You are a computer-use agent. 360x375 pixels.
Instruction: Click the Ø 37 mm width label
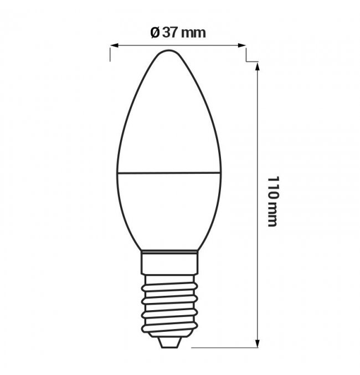(x=178, y=33)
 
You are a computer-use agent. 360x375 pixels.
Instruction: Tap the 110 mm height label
(x=272, y=202)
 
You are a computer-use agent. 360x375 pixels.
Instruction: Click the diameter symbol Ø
(x=155, y=33)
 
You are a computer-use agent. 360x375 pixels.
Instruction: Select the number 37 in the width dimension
(x=170, y=33)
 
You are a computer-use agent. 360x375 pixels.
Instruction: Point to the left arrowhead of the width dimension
(x=114, y=45)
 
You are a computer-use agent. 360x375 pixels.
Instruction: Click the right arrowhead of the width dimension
(x=242, y=45)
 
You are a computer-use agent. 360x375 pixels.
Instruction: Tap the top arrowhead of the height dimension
(x=258, y=66)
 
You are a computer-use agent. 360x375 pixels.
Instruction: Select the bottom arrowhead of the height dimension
(x=258, y=343)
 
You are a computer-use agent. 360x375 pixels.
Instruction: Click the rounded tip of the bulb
(x=169, y=50)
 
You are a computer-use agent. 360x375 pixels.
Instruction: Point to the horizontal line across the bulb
(x=169, y=172)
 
